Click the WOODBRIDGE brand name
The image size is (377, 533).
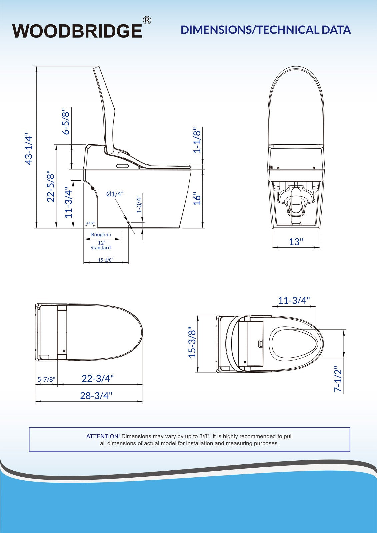(77, 31)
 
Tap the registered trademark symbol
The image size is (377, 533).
(147, 20)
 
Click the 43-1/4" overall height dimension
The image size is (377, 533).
(29, 150)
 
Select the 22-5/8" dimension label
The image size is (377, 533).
(51, 186)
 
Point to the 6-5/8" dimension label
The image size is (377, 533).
(66, 121)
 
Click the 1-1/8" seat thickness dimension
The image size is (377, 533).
(197, 140)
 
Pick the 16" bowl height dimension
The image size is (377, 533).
(197, 199)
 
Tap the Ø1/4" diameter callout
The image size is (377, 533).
(115, 194)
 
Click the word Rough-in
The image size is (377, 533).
(101, 235)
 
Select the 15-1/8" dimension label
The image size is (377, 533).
(105, 260)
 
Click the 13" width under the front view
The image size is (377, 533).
(296, 242)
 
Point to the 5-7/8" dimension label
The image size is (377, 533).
(46, 379)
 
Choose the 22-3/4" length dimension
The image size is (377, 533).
(98, 379)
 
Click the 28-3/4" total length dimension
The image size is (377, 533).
(96, 396)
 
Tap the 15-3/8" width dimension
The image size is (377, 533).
(192, 342)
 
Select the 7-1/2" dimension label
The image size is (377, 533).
(338, 379)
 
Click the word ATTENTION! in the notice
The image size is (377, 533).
(103, 436)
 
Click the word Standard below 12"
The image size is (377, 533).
(100, 248)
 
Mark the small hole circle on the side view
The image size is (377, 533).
(128, 222)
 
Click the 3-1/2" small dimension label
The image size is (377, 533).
(90, 223)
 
